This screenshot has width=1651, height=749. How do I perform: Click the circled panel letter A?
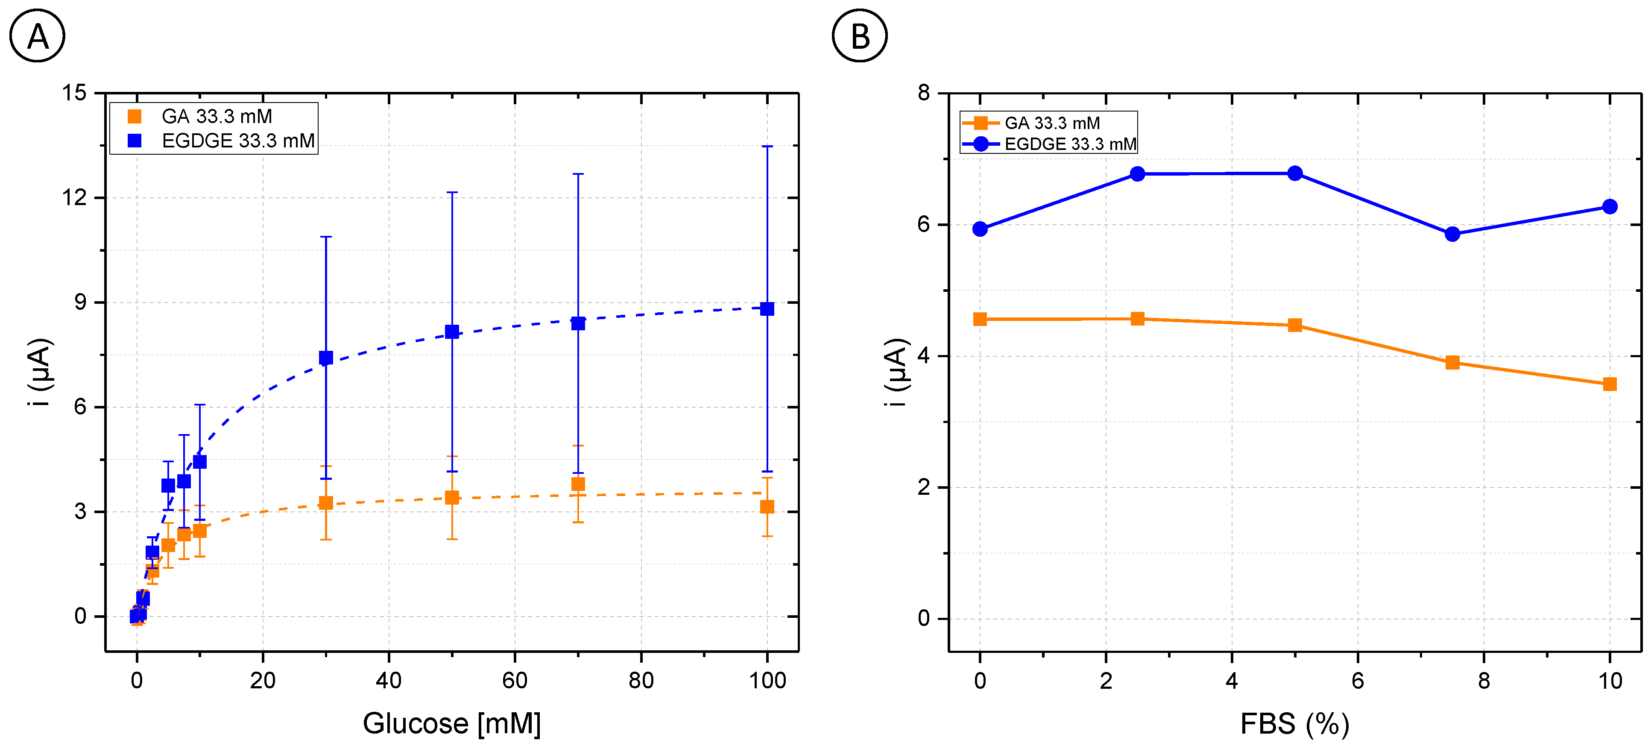coord(37,36)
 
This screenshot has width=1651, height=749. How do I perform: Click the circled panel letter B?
coord(860,36)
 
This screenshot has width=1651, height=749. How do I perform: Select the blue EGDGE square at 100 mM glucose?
coord(767,308)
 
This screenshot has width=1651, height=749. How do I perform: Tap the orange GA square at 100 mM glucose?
coord(767,507)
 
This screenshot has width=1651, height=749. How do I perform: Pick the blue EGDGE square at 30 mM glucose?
coord(325,357)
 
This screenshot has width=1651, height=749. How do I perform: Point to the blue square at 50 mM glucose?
coord(452,332)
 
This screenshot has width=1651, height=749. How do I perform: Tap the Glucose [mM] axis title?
coord(452,723)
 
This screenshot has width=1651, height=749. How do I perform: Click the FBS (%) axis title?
coord(1295,723)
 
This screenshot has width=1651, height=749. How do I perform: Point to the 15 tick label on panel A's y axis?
coord(74,93)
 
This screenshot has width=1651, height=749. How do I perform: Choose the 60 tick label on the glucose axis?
coord(515,680)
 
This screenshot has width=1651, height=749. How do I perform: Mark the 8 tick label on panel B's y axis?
coord(924,93)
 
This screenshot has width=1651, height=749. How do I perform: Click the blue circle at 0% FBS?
coord(980,229)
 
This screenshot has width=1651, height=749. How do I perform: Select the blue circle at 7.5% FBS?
coord(1452,234)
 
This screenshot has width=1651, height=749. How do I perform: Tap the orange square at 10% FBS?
coord(1609,384)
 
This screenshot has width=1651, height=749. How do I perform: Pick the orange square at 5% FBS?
coord(1295,325)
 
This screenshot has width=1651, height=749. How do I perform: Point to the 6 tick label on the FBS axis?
coord(1358,680)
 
